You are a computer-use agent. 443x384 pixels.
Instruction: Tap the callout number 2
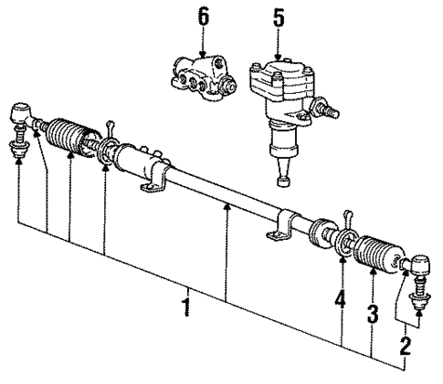click(x=404, y=346)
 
